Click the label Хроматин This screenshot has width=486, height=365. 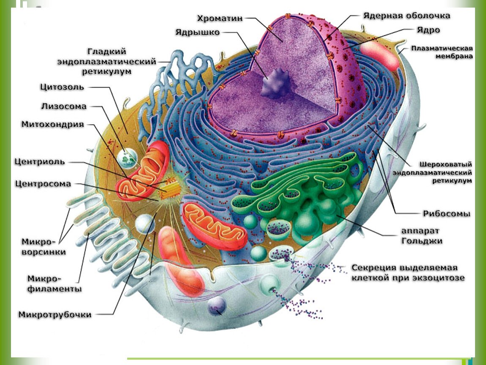[219, 18]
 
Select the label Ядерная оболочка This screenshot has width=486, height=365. [406, 16]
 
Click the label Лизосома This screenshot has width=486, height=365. [64, 106]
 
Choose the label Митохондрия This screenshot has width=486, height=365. [53, 124]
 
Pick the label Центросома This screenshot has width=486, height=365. [43, 184]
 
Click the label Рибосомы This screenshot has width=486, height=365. [447, 214]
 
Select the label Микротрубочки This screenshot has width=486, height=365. [55, 315]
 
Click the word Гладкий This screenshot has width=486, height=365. [107, 52]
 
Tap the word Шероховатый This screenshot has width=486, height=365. [445, 164]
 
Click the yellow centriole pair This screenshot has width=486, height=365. [169, 188]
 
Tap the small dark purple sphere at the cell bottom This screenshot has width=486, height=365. [216, 305]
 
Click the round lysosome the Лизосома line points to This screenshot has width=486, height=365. [127, 157]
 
